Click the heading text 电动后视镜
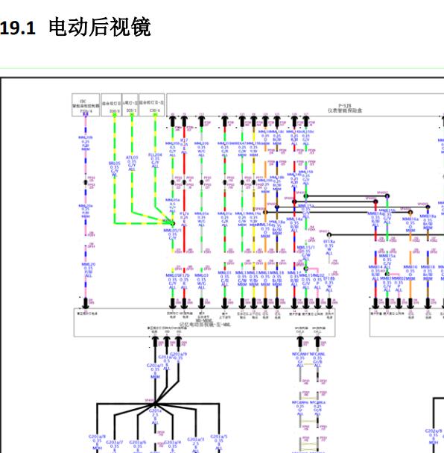(x=100, y=28)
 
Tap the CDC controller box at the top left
(x=86, y=104)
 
